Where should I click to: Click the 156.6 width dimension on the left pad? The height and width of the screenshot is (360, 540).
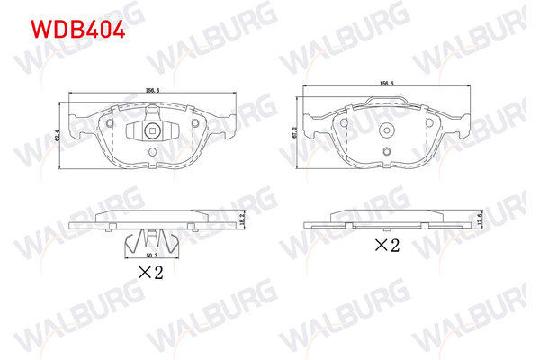click(x=152, y=89)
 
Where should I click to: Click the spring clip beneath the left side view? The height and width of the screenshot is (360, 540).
click(x=151, y=242)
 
